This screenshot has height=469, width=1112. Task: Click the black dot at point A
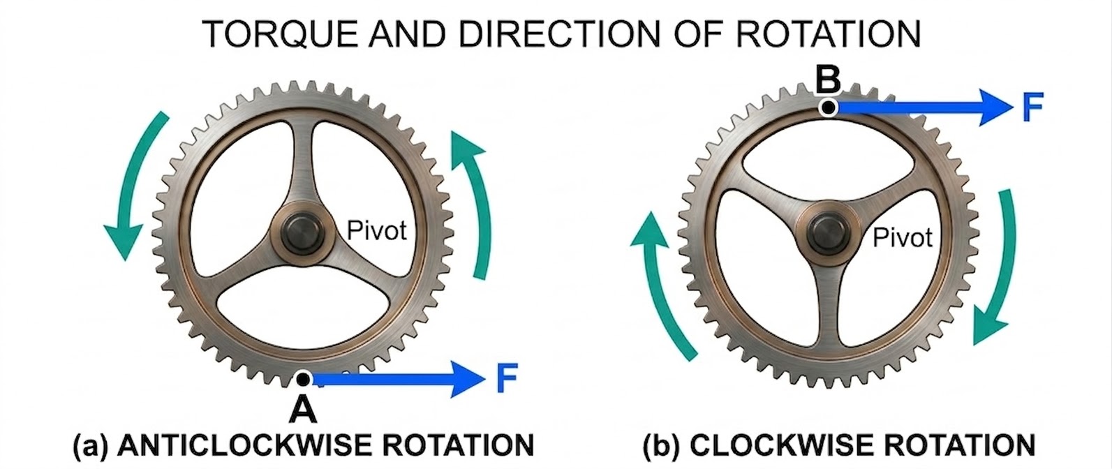point(303,379)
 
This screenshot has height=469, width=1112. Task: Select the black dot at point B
point(828,107)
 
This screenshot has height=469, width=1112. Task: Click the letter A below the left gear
point(303,410)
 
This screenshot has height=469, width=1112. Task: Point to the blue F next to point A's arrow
point(507,378)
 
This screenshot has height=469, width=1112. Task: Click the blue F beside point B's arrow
point(1032,107)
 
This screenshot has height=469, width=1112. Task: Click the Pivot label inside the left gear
point(377,230)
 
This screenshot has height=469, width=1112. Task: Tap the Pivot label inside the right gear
point(902,238)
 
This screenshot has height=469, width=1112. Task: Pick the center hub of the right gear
point(827,235)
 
